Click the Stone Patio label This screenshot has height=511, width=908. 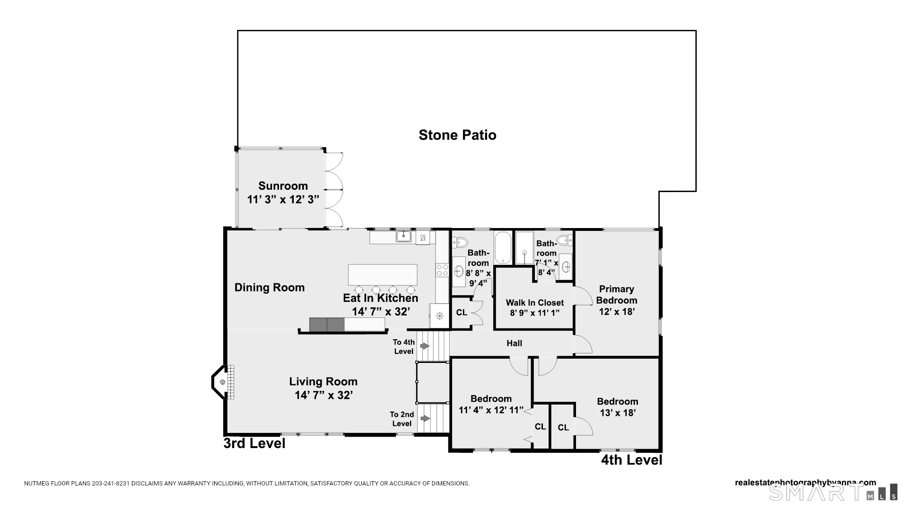[457, 135]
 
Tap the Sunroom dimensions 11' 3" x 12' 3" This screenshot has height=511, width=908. [283, 199]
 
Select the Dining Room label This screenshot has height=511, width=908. [270, 288]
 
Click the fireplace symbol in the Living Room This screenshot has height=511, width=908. [222, 382]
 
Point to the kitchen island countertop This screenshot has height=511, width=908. [383, 274]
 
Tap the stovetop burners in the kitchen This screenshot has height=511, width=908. [442, 270]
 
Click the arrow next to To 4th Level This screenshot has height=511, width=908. [425, 346]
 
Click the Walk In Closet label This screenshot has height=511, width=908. [534, 303]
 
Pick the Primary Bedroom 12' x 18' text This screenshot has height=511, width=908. [616, 300]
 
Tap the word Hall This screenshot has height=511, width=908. [514, 344]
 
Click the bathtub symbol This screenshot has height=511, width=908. [503, 247]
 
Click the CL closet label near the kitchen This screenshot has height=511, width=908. [462, 313]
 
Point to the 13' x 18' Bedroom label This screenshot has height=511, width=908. [617, 407]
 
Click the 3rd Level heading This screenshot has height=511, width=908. [254, 443]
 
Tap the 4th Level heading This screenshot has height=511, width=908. [631, 460]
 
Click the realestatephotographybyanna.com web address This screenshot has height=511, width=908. [805, 483]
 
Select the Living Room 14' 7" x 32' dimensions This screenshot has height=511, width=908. [323, 395]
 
